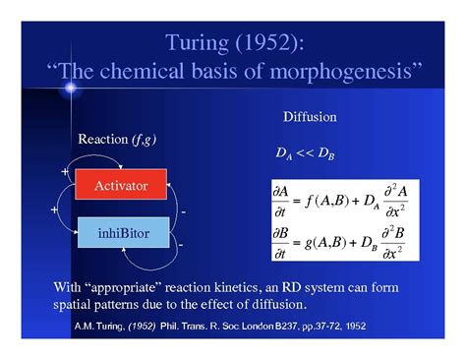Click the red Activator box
121,185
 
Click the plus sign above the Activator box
65,171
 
